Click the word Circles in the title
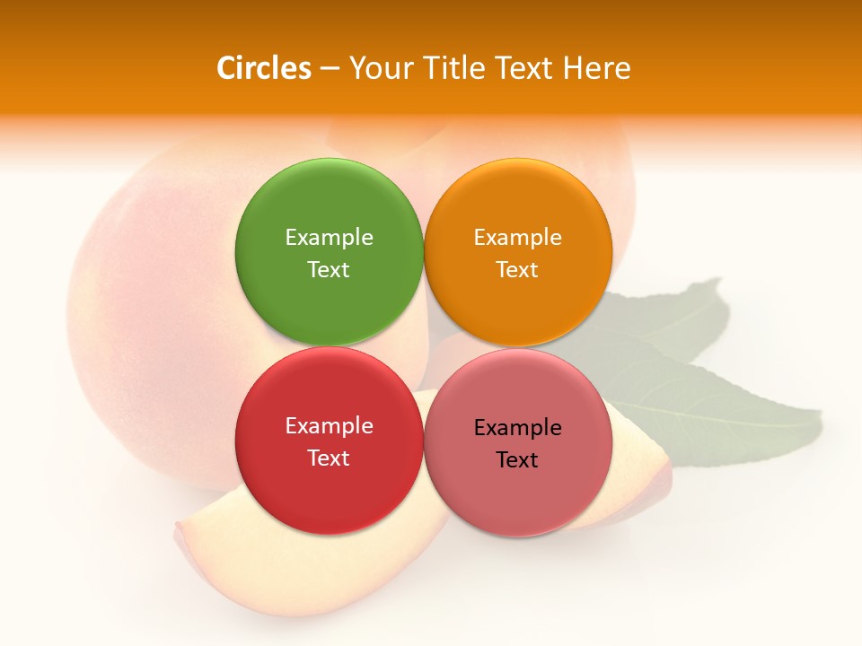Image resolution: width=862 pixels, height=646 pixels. coord(264,68)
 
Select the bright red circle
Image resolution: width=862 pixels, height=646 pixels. coord(329,493)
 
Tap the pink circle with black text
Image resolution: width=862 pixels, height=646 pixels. coord(518,498)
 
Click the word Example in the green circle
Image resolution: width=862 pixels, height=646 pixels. coord(329,238)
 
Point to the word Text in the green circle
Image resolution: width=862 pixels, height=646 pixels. coord(329,270)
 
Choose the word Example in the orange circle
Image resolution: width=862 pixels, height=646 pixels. coord(518,238)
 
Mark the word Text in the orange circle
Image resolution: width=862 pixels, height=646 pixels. coord(518,270)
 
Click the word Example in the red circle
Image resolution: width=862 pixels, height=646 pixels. coord(329,426)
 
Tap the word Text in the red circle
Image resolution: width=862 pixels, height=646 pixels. coord(329,458)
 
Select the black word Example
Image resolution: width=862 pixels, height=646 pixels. coord(518,428)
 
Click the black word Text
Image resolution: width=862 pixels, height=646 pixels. coord(518,460)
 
